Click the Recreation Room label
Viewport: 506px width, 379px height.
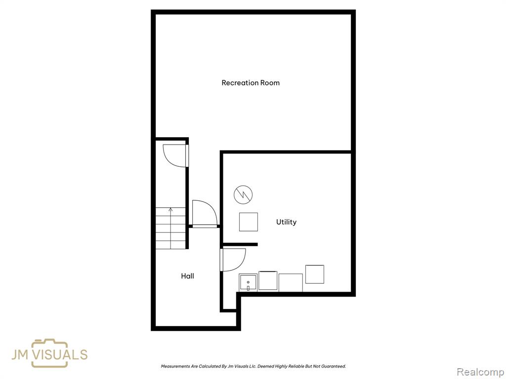251,83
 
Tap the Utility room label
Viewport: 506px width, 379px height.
286,222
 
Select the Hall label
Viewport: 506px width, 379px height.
187,276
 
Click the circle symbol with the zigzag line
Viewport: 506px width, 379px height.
243,194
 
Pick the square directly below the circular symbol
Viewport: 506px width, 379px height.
249,222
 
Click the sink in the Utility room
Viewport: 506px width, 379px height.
248,283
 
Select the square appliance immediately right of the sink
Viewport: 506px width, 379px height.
268,281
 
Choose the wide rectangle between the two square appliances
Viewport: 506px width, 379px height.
291,283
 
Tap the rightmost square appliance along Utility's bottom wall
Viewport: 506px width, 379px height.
315,274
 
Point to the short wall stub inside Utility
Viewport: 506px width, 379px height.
240,245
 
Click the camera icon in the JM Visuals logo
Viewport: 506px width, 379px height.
49,353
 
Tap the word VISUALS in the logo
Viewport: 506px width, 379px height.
60,354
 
